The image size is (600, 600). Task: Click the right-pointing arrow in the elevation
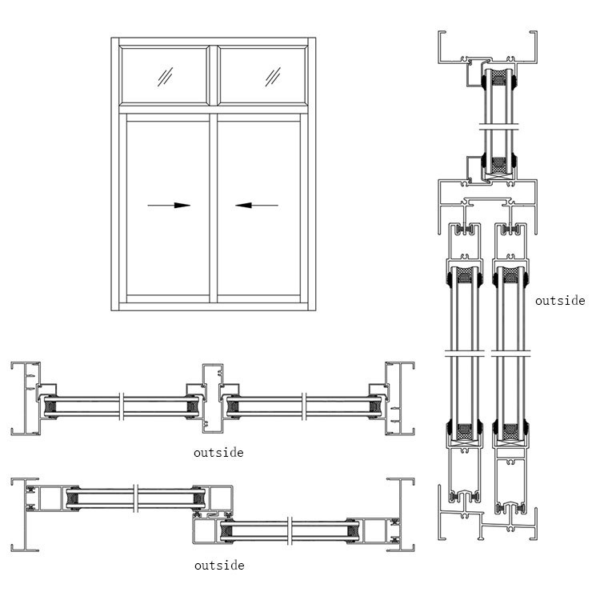click(x=170, y=206)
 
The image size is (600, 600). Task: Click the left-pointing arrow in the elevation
click(x=257, y=206)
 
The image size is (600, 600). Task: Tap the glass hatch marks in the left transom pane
click(x=166, y=77)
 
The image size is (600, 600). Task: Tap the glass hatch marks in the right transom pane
click(x=274, y=77)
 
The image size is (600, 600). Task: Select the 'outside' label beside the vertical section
click(x=560, y=302)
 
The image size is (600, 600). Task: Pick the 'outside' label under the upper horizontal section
click(x=218, y=453)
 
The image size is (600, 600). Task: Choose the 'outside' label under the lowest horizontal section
click(x=218, y=566)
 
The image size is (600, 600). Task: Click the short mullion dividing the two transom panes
click(x=213, y=75)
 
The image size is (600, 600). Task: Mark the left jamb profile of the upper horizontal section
click(x=26, y=399)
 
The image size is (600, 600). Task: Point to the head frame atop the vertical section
click(x=486, y=50)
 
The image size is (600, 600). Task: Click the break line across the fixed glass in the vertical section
click(x=498, y=126)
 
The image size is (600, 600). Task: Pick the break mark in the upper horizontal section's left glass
click(x=120, y=406)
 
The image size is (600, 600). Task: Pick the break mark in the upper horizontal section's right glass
click(x=304, y=406)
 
